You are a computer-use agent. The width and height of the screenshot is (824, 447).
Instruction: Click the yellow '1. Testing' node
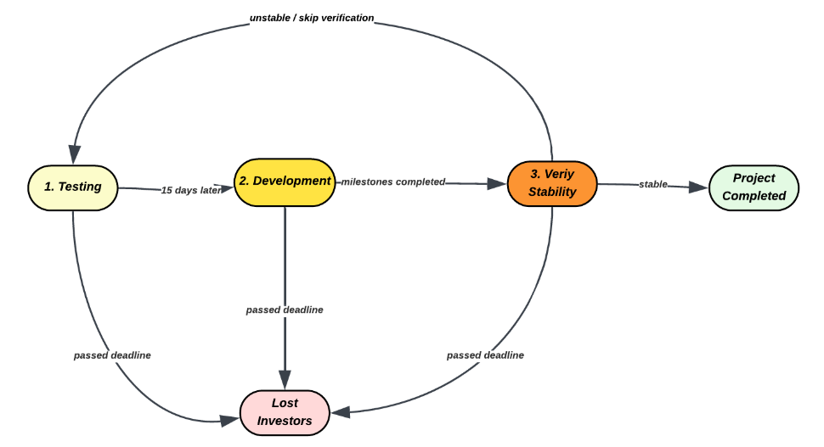click(73, 187)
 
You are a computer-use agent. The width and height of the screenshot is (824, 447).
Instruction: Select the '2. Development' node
click(285, 182)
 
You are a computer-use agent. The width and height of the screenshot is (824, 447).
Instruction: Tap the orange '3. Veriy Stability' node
click(552, 183)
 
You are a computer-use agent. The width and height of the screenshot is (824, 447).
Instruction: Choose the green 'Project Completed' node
click(753, 187)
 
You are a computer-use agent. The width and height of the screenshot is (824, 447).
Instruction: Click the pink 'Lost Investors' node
click(285, 412)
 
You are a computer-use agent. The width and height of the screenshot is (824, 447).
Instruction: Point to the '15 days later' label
click(192, 190)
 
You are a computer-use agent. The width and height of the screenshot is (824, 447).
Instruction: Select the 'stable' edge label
click(653, 184)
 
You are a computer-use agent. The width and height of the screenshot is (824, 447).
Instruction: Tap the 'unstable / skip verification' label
click(312, 18)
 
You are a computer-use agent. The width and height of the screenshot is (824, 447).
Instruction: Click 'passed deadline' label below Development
click(285, 310)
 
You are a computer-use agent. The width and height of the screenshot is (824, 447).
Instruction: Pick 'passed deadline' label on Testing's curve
click(112, 355)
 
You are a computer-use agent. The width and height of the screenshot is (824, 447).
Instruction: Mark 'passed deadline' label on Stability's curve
click(485, 355)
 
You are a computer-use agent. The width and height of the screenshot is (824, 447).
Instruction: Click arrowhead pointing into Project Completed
click(698, 187)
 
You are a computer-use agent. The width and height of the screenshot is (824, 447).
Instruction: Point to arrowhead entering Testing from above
click(75, 154)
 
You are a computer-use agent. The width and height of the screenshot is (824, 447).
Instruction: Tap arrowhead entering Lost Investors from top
click(285, 380)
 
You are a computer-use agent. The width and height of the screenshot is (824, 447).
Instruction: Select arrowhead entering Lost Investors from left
click(230, 420)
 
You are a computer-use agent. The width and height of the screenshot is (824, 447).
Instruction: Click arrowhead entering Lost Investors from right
click(341, 412)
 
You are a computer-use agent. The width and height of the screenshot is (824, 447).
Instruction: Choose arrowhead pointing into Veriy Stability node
click(497, 183)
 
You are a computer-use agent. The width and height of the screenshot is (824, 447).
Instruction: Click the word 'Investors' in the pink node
click(285, 421)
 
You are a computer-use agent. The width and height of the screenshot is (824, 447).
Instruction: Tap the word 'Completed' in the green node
click(753, 196)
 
